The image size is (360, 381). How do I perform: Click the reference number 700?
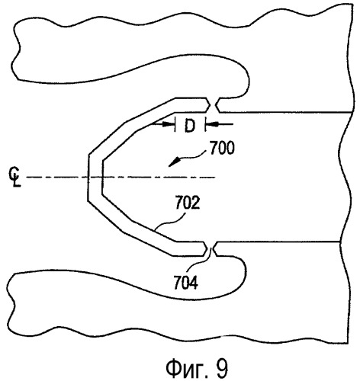(x=222, y=148)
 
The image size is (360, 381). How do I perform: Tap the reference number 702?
(x=188, y=203)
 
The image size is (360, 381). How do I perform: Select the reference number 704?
(x=185, y=283)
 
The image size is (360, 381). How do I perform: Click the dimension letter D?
(x=190, y=126)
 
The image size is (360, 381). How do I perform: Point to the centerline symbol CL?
(x=15, y=177)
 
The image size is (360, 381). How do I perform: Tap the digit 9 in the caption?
(x=222, y=368)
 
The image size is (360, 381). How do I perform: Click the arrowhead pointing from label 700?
(x=173, y=163)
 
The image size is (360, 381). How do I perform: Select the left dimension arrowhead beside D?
(x=169, y=124)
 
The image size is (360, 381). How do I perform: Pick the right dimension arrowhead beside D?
(x=211, y=124)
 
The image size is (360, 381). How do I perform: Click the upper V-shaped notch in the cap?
(x=213, y=105)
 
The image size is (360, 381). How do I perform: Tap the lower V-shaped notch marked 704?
(x=210, y=248)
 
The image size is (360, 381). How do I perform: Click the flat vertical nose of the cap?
(x=88, y=178)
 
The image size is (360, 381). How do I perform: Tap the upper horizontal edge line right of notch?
(x=287, y=112)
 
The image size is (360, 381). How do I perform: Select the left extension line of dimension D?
(x=175, y=123)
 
